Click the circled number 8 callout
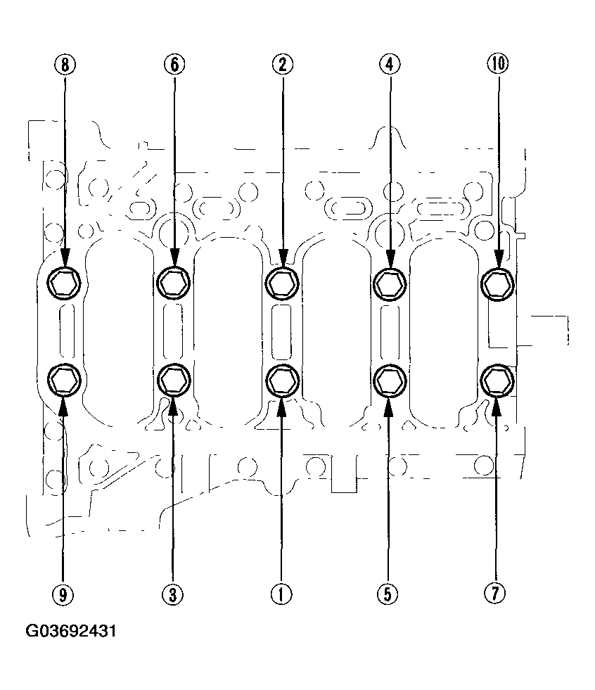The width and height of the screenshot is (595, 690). pyautogui.click(x=65, y=65)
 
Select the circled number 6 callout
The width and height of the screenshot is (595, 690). pyautogui.click(x=174, y=65)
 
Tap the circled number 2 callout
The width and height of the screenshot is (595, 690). pyautogui.click(x=282, y=65)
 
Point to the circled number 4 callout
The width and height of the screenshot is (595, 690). pyautogui.click(x=390, y=65)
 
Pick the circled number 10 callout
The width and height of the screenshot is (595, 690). pyautogui.click(x=498, y=65)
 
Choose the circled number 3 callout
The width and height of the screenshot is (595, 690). pyautogui.click(x=172, y=594)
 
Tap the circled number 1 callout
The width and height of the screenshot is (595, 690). pyautogui.click(x=281, y=594)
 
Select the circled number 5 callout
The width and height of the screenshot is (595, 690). pyautogui.click(x=388, y=594)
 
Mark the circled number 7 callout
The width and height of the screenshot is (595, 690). pyautogui.click(x=496, y=594)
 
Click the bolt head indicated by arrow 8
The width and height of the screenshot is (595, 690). pyautogui.click(x=64, y=283)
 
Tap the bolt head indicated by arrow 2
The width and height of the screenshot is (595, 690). pyautogui.click(x=282, y=283)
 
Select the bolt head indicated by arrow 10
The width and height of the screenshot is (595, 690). pyautogui.click(x=498, y=283)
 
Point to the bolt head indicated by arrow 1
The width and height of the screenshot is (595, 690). pyautogui.click(x=282, y=380)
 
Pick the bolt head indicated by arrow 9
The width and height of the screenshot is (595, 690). pyautogui.click(x=64, y=380)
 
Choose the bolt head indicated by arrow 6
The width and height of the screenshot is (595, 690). pyautogui.click(x=174, y=283)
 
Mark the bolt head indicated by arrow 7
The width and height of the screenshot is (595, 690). pyautogui.click(x=497, y=380)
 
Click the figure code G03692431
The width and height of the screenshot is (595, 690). pyautogui.click(x=71, y=631)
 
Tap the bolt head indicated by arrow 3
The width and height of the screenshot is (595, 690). pyautogui.click(x=174, y=380)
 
